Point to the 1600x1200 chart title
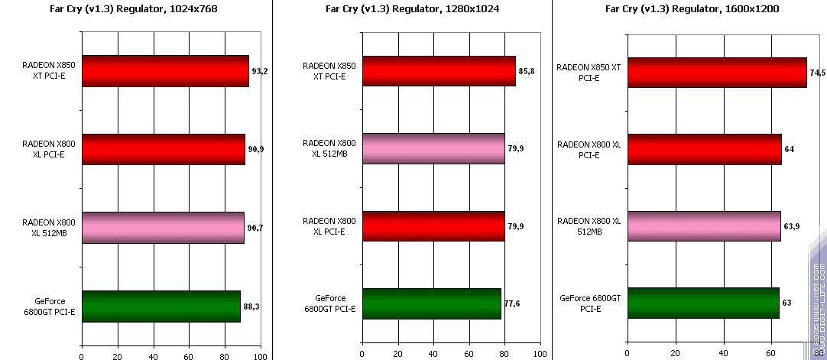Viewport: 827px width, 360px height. point(688,10)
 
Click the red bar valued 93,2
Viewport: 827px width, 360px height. point(164,71)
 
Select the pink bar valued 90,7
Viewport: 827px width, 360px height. point(163,228)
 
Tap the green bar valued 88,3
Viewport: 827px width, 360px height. point(161,306)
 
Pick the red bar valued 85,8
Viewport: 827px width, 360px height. point(439,71)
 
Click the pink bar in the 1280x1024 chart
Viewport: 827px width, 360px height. point(433,148)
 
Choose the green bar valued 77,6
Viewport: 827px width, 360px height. point(432,304)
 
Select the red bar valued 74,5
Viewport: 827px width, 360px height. point(716,73)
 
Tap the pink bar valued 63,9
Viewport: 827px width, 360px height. point(703,226)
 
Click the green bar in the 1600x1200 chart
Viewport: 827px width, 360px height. point(702,303)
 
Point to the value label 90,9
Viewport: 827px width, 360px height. point(256,149)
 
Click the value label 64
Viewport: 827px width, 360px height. point(789,149)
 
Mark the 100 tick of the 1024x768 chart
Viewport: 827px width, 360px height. point(261,355)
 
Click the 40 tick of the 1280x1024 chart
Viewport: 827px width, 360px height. point(433,355)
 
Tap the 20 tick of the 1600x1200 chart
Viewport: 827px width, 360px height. point(675,355)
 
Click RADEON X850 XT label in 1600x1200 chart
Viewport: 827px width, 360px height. point(589,72)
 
